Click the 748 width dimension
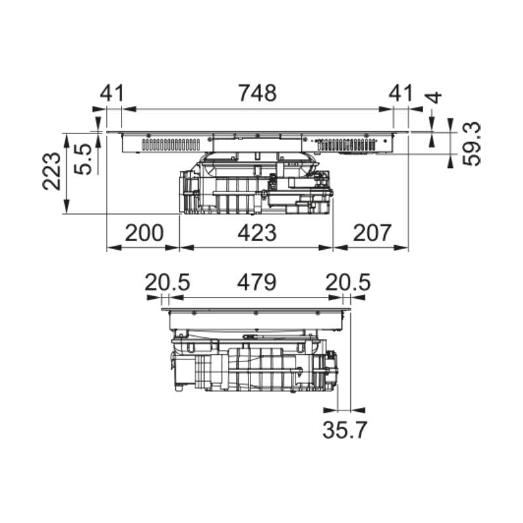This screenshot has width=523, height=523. coord(257,93)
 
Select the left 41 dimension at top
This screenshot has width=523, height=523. coord(112,93)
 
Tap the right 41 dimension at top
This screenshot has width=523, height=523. coord(401,93)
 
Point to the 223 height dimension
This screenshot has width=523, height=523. coord(52,171)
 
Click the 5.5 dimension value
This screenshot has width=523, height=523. coord(82,159)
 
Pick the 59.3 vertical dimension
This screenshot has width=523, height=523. coord(471,144)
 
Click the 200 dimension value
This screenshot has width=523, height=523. coord(144,233)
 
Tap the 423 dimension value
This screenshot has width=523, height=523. coord(257,233)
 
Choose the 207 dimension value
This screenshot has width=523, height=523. coord(371,233)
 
